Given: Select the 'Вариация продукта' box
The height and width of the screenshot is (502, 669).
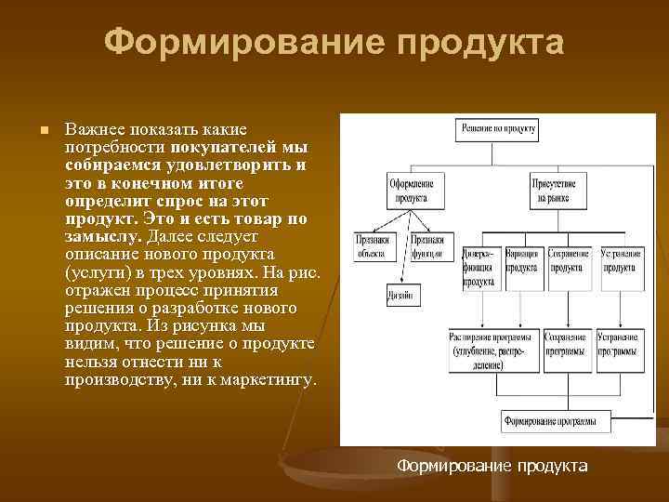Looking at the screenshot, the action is (525, 260).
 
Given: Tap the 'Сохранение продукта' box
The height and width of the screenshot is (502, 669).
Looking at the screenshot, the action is (568, 260).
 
